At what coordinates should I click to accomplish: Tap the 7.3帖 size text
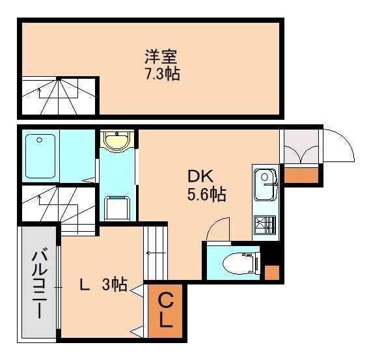[x=162, y=73]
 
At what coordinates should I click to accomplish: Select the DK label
[x=200, y=176]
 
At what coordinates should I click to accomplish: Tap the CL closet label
[x=165, y=311]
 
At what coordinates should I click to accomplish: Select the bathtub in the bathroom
[x=40, y=156]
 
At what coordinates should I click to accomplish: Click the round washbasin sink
[x=117, y=141]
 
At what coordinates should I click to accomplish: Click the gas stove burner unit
[x=265, y=225]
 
